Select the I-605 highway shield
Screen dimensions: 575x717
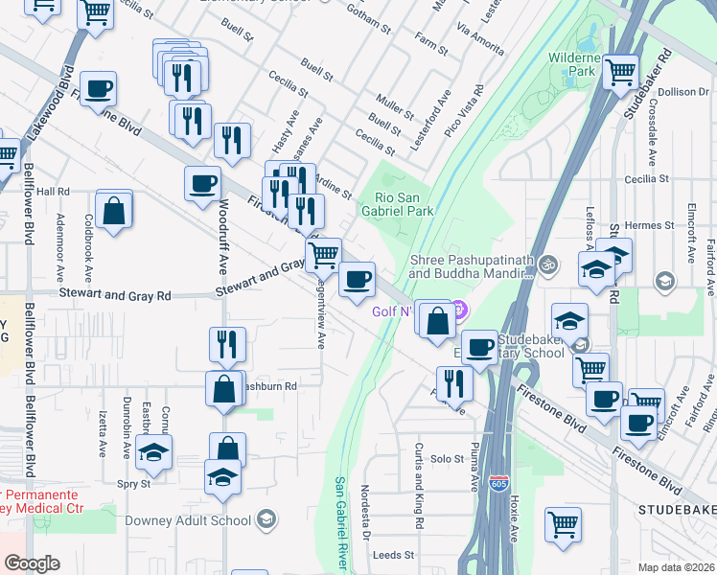pos(497,484)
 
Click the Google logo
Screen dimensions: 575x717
pos(32,563)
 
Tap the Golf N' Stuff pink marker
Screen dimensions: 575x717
pos(458,309)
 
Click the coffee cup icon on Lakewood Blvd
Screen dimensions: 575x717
pos(98,90)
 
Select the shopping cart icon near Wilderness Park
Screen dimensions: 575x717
pos(621,71)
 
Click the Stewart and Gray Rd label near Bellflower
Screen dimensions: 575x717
pos(115,296)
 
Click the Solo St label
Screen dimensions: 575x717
pos(448,460)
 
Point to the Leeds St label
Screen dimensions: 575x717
pos(393,555)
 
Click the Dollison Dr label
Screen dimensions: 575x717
pos(682,92)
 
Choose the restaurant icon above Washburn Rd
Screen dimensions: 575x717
pos(227,343)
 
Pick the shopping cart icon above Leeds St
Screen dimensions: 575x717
pos(564,523)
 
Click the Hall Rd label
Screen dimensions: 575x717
pos(54,192)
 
